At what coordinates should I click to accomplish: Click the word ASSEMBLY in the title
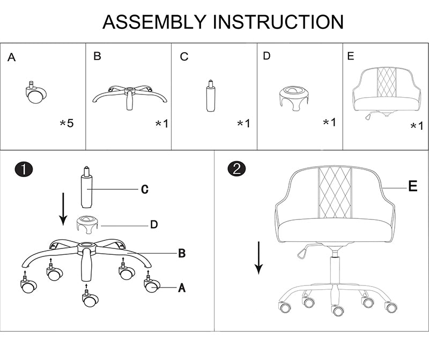coord(154,22)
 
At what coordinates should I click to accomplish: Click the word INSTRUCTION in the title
coord(278,22)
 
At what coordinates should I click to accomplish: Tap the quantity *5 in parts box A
coord(66,123)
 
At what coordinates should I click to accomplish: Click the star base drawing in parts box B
coord(129,97)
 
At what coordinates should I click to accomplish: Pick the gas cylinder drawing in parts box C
coord(210,95)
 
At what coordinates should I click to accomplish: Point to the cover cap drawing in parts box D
coord(294,98)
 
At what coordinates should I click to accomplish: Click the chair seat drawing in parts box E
coord(387,92)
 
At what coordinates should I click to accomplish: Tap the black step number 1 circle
coord(24,169)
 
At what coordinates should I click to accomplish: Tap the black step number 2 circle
coord(236,168)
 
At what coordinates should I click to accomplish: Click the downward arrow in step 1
coord(63,209)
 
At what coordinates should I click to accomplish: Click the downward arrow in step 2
coord(258,258)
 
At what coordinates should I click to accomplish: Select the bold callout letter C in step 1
coord(145,189)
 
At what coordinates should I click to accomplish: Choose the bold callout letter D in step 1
coord(154,224)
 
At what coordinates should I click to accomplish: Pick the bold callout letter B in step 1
coord(182,253)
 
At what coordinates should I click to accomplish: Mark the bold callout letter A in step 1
coord(182,288)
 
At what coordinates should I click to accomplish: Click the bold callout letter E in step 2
coord(412,186)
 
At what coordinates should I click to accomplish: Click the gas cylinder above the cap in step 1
coord(86,187)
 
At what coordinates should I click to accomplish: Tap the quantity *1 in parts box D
coord(329,122)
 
